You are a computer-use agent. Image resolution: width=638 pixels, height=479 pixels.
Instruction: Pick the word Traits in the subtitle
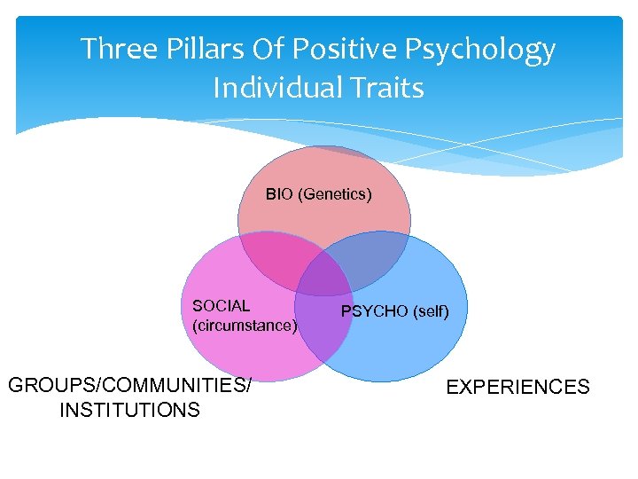tap(385, 88)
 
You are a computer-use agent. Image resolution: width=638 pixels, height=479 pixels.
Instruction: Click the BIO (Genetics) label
tap(319, 193)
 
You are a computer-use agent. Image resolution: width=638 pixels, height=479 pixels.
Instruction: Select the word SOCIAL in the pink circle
tap(221, 306)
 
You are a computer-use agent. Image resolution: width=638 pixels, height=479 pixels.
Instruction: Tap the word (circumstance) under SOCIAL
tap(244, 326)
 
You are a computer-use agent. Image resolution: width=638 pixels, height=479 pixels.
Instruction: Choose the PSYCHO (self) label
tap(395, 311)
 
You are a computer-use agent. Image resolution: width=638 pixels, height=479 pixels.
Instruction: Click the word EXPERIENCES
tap(517, 387)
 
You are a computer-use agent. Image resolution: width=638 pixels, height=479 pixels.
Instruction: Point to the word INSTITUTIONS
tap(129, 410)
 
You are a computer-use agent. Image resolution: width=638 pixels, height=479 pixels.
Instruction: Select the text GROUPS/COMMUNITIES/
tap(129, 385)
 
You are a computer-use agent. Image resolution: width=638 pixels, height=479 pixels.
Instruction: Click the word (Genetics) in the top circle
tap(338, 193)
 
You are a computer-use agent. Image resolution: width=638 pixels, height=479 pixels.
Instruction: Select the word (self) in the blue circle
tap(431, 311)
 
